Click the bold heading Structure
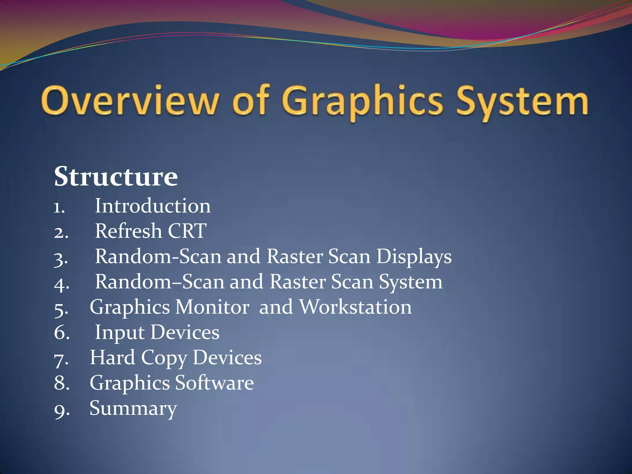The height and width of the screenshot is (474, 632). point(116,177)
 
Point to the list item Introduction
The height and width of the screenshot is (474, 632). point(153,206)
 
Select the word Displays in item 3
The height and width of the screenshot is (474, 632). point(414,257)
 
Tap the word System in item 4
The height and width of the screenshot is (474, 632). point(410,282)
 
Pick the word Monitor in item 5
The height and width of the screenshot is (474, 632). point(212,307)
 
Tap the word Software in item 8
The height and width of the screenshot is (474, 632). point(214,383)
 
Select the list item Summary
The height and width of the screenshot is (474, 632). point(133,408)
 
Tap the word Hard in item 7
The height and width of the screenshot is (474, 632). point(112,358)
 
